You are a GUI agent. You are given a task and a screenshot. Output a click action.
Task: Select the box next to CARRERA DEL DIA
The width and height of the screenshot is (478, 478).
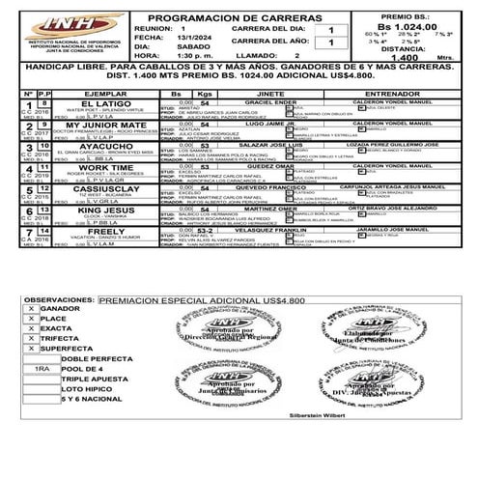tap(330, 30)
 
